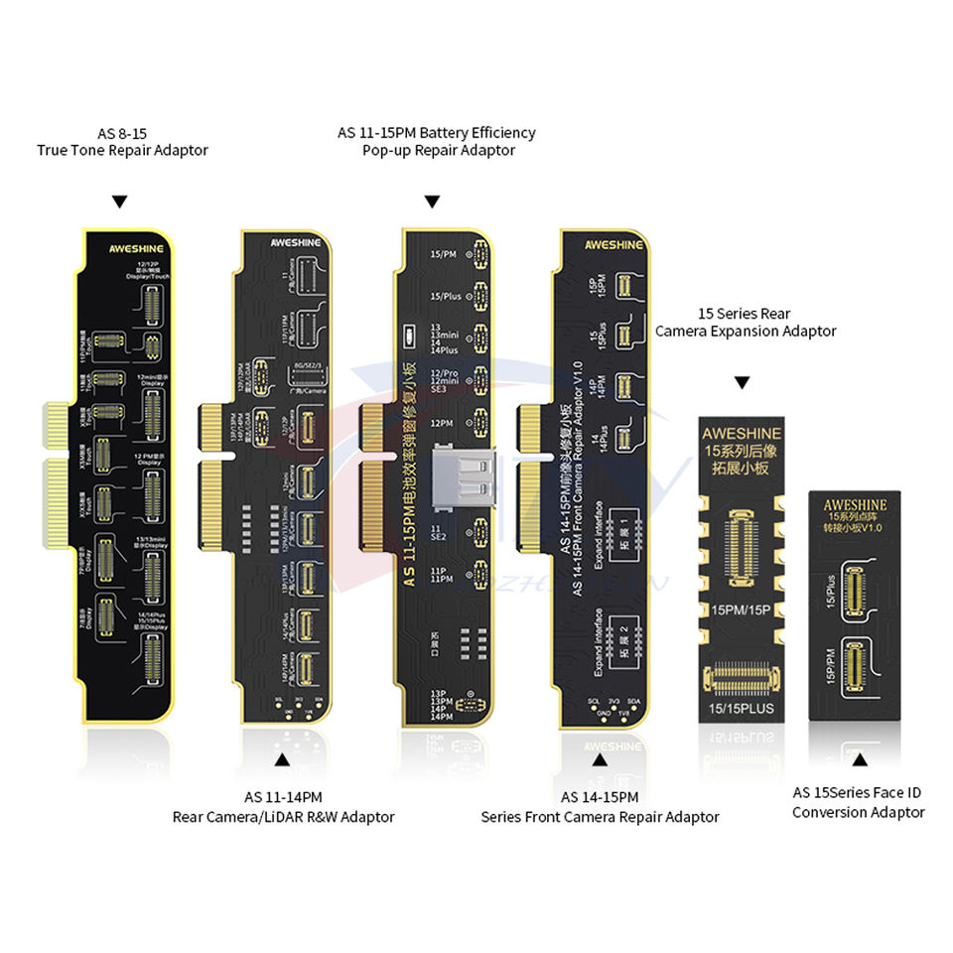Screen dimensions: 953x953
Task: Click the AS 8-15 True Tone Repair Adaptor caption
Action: click(122, 142)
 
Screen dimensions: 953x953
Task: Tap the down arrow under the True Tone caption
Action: click(120, 202)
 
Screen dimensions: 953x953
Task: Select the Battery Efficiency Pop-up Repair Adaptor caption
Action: click(436, 141)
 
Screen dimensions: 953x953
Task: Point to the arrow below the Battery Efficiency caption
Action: click(432, 202)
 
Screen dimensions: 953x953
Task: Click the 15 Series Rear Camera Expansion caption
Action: click(746, 323)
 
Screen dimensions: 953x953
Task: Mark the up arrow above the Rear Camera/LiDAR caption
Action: click(282, 759)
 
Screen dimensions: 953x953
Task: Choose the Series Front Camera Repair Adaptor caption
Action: click(600, 807)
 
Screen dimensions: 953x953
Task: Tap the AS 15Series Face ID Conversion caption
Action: click(858, 802)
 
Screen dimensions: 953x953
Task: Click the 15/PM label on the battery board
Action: click(444, 254)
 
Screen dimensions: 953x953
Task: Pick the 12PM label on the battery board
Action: click(441, 422)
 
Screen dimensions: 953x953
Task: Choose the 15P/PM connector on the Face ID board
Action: click(858, 668)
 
